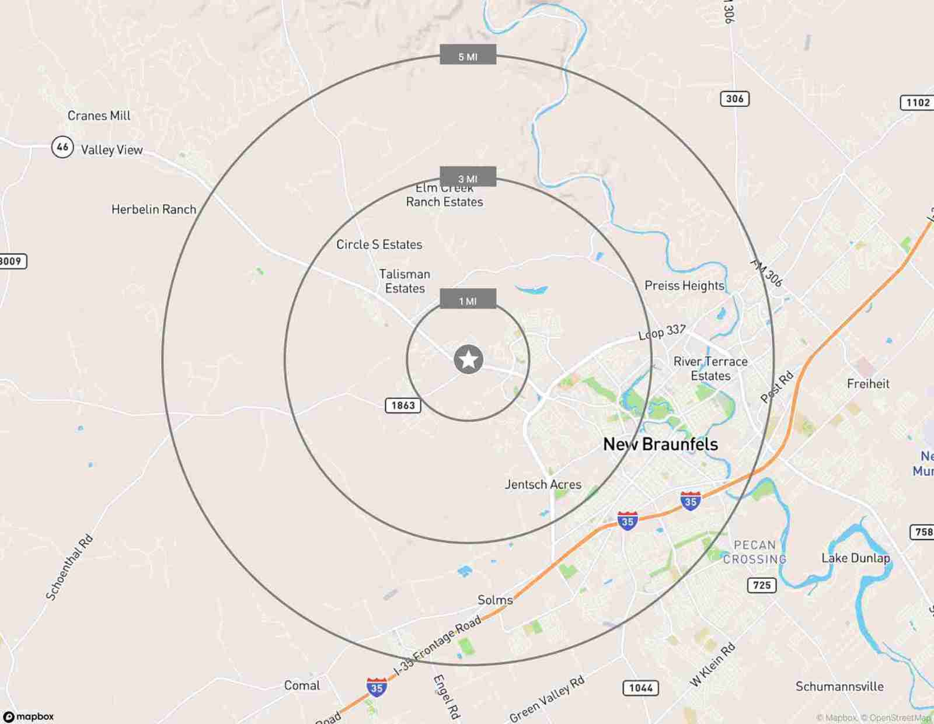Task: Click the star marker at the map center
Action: [468, 359]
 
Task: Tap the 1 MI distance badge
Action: [468, 300]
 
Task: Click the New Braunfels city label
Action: [660, 445]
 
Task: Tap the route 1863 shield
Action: [403, 405]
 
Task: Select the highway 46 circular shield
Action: [62, 146]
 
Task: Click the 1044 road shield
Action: [640, 688]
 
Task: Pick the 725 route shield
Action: [762, 585]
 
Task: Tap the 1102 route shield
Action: [917, 103]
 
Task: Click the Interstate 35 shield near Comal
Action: [377, 687]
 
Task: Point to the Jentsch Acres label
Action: [543, 484]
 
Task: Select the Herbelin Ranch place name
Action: [154, 209]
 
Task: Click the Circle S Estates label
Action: [379, 244]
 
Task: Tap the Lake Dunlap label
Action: [855, 558]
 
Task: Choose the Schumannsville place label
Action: [839, 687]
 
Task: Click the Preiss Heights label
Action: [684, 285]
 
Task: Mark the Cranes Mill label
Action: [99, 116]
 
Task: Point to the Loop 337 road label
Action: [662, 332]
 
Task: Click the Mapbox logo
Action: [29, 716]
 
